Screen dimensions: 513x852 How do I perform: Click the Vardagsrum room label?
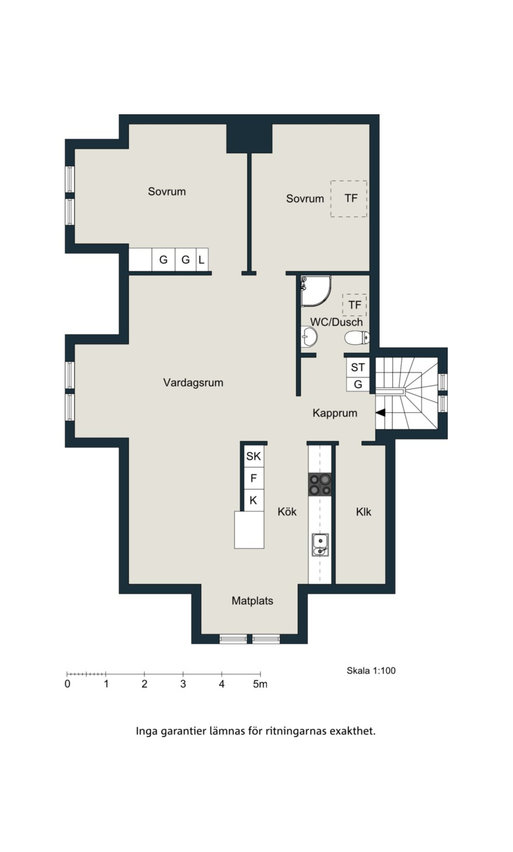coord(193,383)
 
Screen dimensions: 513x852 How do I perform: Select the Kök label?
coord(287,512)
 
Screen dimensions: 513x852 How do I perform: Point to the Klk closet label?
coord(364,512)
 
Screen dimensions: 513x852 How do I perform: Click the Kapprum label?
coord(335,413)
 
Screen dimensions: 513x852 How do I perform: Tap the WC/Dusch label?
coord(337,322)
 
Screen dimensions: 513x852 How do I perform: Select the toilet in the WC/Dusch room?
coord(357,338)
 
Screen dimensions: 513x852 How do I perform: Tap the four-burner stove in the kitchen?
coord(320,485)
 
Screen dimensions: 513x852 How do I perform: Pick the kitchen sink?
coord(320,545)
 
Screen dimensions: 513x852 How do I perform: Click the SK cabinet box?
coord(254,457)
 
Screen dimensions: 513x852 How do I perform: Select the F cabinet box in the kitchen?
coord(254,479)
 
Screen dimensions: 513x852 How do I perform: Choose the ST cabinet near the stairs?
coord(358,367)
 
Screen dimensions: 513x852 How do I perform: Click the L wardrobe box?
coord(202,259)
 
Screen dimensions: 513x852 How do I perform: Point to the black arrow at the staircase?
coord(381,413)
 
